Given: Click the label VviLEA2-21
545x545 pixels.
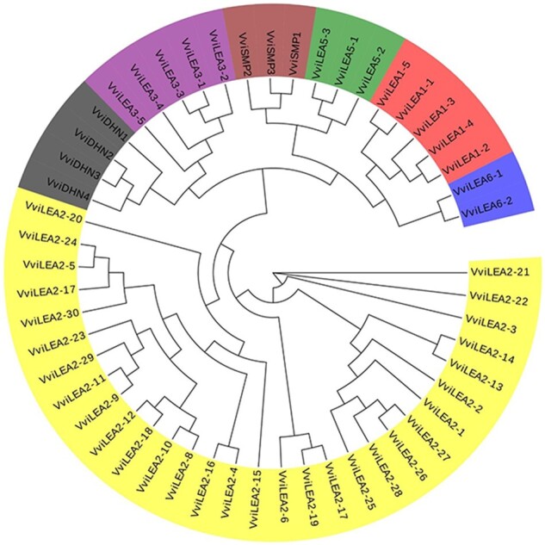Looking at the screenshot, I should pyautogui.click(x=499, y=272).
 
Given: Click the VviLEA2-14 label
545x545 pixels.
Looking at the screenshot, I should pyautogui.click(x=485, y=352).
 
